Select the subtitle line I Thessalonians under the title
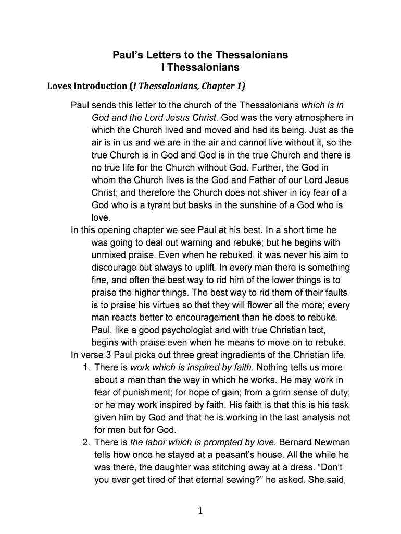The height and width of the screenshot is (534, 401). click(x=200, y=68)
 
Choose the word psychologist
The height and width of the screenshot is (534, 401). click(x=194, y=330)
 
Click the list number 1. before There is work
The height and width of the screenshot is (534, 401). click(x=86, y=368)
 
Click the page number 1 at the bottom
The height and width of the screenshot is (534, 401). click(x=200, y=511)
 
